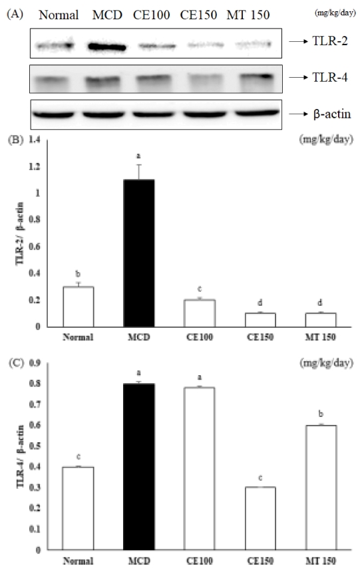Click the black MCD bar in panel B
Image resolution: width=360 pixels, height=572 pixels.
[140, 253]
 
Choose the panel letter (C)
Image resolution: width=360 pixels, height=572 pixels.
[14, 362]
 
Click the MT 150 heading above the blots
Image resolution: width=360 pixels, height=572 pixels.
[248, 15]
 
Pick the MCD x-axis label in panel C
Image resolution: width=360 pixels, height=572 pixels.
[140, 559]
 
